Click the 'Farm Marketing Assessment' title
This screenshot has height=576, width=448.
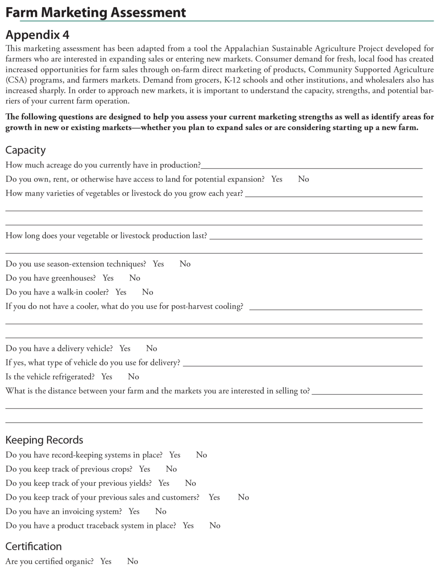coord(96,12)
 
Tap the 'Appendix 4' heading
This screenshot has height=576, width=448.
coord(37,35)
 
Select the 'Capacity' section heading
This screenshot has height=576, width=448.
coord(26,150)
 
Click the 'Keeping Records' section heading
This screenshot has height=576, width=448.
coord(44,440)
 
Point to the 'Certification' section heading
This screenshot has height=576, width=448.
coord(33,546)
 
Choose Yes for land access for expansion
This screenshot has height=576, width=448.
coord(277,179)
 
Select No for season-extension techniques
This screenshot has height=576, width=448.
coord(185,264)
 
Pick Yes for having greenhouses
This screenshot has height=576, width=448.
coord(108,278)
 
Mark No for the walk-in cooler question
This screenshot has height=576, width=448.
coord(147,292)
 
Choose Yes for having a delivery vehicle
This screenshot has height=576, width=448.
coord(125,348)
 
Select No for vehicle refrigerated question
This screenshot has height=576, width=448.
coord(133,376)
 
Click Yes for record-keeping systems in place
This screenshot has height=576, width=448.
coord(175,455)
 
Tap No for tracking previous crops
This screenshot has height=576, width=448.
coord(171,469)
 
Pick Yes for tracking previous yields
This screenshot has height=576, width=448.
coord(164,483)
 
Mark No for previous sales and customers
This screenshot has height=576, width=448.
coord(243,497)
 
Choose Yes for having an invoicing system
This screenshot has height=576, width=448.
coord(134,511)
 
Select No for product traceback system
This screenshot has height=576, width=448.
coord(215,525)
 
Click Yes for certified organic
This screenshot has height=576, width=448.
coord(106,561)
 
